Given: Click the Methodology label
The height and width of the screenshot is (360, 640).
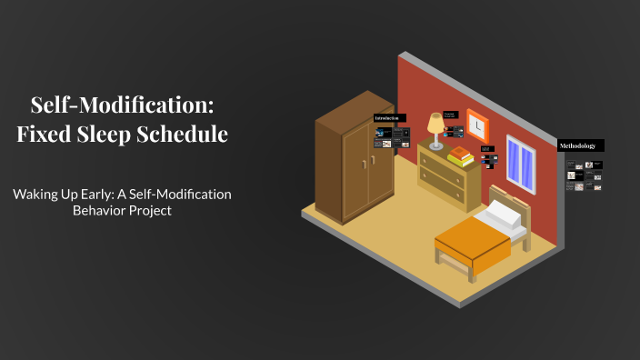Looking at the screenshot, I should pos(578,145).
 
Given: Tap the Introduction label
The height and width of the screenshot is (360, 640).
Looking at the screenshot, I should pos(389,118).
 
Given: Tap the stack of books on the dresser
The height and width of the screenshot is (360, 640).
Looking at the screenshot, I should pos(462,156).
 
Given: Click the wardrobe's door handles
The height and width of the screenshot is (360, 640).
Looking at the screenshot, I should pos(367,164).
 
